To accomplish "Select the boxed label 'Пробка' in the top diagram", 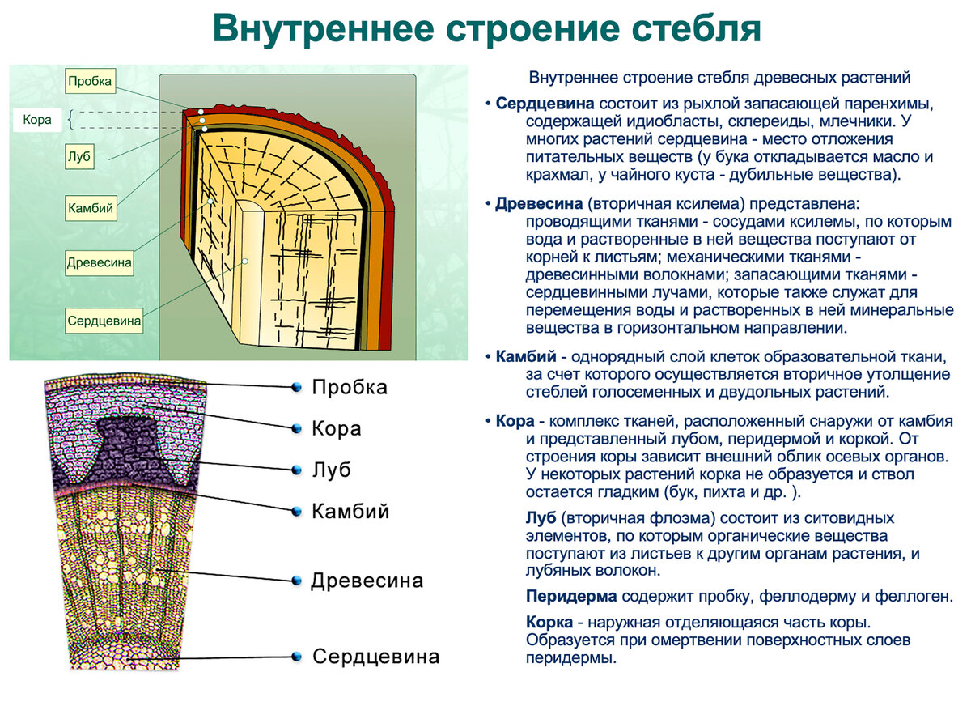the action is coord(90,81).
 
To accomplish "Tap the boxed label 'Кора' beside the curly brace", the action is coord(37,120).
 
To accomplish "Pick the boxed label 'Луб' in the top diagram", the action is coord(79,157).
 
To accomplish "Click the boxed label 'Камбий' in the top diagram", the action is coord(91,209).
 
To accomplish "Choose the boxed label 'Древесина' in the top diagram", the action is coord(100,262).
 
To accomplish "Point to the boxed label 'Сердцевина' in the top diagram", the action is coord(104,320).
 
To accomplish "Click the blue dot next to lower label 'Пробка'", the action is coord(297,387).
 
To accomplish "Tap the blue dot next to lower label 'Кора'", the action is coord(297,427).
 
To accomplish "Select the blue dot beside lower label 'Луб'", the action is coord(297,470).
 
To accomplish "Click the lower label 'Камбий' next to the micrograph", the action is coord(350,512).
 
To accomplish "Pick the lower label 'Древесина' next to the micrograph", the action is coord(367,581).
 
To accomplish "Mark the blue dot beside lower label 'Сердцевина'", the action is coord(297,656).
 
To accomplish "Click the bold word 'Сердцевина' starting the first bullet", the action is coord(545,105).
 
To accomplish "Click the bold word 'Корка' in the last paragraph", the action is coord(549,623).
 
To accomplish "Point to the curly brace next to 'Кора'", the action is coord(70,120).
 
